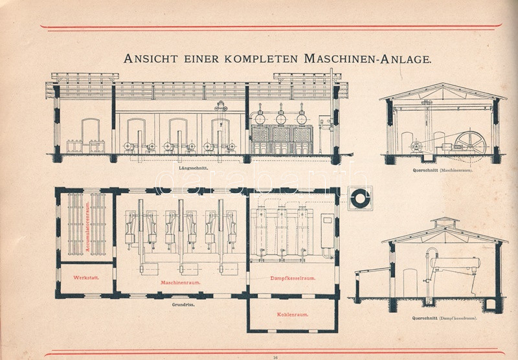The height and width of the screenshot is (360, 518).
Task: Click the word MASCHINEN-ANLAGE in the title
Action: pos(366,59)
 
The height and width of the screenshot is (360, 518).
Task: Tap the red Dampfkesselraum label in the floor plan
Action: pos(292,279)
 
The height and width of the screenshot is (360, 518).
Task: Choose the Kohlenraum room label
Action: pos(292,315)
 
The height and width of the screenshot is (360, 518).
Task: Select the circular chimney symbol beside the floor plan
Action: pos(359,198)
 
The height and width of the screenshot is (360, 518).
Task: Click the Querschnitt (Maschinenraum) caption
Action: pos(442,171)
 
